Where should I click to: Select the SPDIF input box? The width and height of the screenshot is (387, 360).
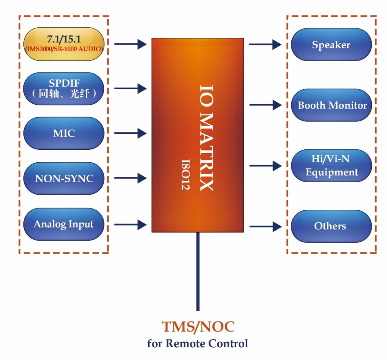pos(63,89)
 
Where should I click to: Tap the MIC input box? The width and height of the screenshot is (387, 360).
pos(63,133)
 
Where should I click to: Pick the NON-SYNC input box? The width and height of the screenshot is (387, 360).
pos(63,178)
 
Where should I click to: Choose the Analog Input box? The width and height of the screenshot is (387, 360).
pos(63,224)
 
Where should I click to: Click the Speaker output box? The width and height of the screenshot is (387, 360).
pos(331,45)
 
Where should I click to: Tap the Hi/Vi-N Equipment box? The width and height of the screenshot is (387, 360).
pos(331,166)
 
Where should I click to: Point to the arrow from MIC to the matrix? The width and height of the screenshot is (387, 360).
pos(130,133)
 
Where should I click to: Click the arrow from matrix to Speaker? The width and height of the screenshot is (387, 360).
pos(265,44)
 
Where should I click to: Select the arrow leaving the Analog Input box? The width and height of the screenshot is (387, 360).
pos(130,225)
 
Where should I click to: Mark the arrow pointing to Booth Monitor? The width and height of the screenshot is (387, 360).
pos(265,105)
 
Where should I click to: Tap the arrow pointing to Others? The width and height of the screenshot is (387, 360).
pos(265,227)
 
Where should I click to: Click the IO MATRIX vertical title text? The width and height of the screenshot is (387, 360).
pos(207,138)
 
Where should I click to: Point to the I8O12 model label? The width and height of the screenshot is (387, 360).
pos(185,175)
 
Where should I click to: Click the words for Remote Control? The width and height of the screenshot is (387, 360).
pos(198,344)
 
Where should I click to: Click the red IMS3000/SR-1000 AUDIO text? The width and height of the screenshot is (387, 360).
pos(63,49)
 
